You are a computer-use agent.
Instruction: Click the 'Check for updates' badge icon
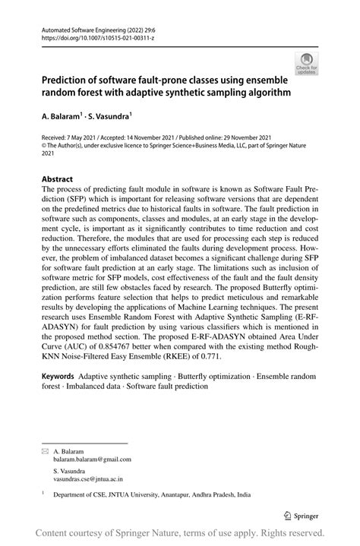tap(305, 64)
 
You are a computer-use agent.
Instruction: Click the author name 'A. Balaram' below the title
tap(61, 118)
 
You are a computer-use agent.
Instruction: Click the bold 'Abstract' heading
tap(58, 179)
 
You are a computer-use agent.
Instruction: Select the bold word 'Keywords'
tap(58, 376)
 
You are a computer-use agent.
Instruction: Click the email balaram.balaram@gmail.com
tap(92, 459)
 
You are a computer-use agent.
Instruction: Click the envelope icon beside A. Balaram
tap(43, 450)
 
